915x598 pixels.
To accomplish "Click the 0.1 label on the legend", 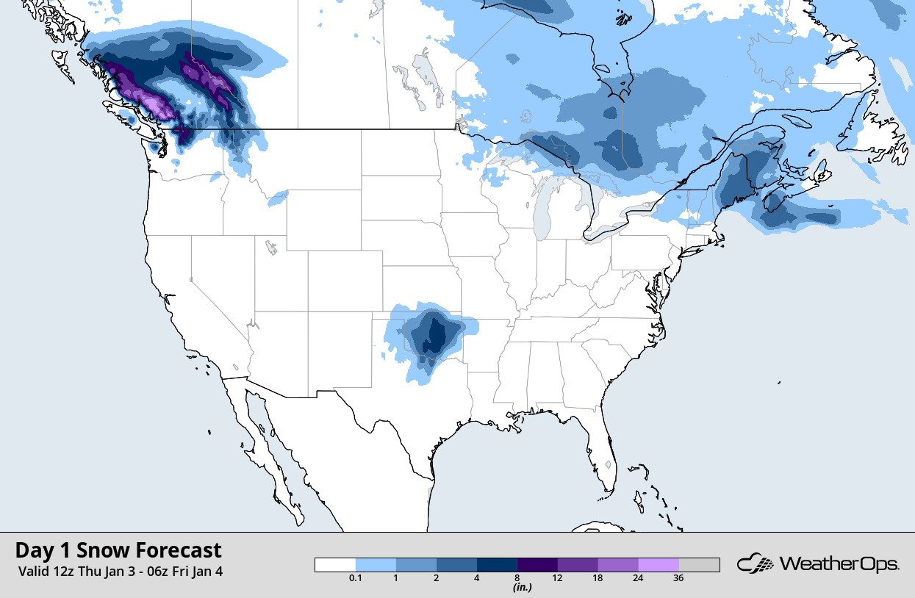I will pyautogui.click(x=356, y=578).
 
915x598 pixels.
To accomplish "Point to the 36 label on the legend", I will pyautogui.click(x=678, y=578).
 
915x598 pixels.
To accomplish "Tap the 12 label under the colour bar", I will pyautogui.click(x=557, y=578).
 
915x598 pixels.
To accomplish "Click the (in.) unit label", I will pyautogui.click(x=522, y=587).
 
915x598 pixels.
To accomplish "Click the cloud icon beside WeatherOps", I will pyautogui.click(x=756, y=564).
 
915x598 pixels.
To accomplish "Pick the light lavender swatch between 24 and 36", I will pyautogui.click(x=659, y=564).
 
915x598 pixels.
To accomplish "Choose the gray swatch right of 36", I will pyautogui.click(x=699, y=564).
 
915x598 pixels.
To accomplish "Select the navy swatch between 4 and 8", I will pyautogui.click(x=497, y=564).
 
